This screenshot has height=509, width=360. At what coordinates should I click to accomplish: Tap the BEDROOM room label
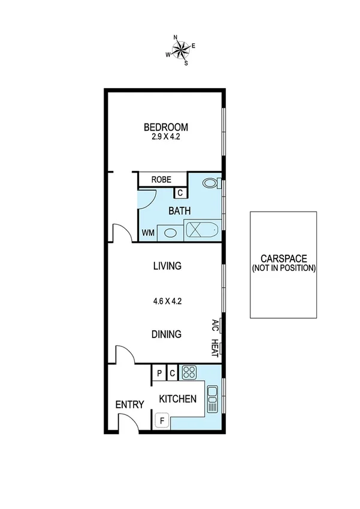coord(166,127)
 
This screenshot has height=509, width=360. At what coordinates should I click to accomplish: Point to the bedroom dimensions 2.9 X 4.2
coord(166,137)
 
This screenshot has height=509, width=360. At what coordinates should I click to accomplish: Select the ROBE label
coord(161,179)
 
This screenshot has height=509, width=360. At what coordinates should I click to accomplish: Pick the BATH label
coord(180,211)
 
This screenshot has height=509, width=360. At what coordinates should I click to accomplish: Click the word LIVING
coord(167,266)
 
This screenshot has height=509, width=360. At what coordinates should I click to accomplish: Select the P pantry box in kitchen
coord(159,373)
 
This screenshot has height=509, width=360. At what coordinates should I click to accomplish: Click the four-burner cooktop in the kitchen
coord(189,372)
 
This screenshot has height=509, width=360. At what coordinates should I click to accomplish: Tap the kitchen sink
coord(212,399)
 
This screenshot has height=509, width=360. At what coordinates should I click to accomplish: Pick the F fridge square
coord(161,421)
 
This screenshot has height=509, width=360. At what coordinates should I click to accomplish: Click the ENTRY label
coord(129,405)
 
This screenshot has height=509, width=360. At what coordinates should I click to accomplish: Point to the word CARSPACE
coord(284,259)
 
